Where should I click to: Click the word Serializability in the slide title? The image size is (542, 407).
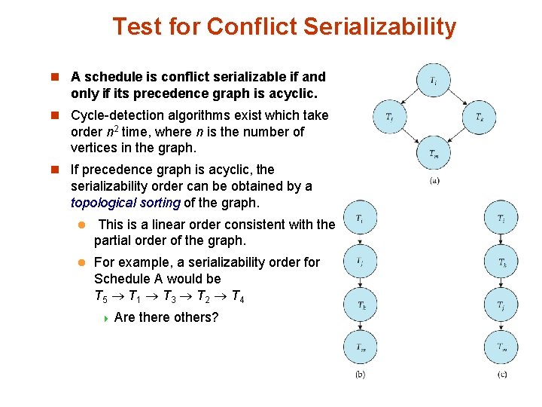pyautogui.click(x=380, y=27)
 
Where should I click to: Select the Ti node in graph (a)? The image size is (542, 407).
pyautogui.click(x=434, y=80)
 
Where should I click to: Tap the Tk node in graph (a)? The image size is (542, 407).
pyautogui.click(x=479, y=116)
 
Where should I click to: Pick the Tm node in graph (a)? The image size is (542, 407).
pyautogui.click(x=434, y=153)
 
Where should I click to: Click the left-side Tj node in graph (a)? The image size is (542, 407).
pyautogui.click(x=389, y=116)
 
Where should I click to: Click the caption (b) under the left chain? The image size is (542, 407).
pyautogui.click(x=360, y=375)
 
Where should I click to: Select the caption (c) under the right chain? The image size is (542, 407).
pyautogui.click(x=501, y=375)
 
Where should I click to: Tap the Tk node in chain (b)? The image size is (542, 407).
pyautogui.click(x=360, y=304)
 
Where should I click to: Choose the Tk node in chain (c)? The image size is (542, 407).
pyautogui.click(x=501, y=262)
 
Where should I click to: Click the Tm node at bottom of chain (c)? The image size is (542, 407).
pyautogui.click(x=501, y=347)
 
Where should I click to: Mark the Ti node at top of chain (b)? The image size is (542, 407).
pyautogui.click(x=360, y=219)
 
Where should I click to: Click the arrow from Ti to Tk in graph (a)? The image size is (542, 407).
pyautogui.click(x=461, y=96)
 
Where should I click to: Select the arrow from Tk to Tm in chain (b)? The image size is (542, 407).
pyautogui.click(x=360, y=326)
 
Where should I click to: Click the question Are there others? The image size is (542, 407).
pyautogui.click(x=166, y=317)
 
